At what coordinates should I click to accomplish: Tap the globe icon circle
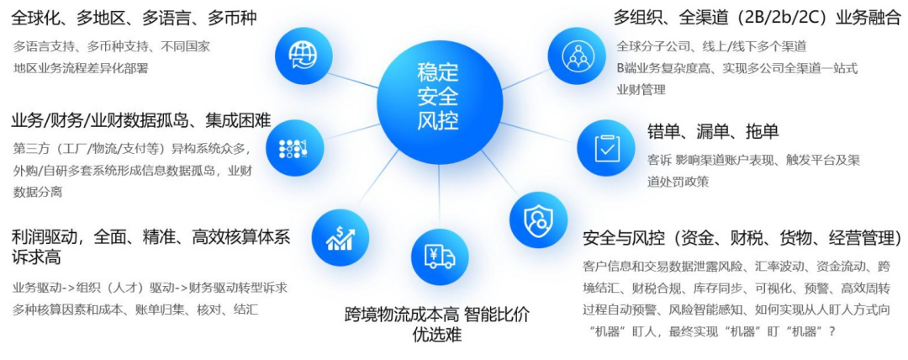pyautogui.click(x=302, y=56)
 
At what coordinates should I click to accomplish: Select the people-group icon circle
pyautogui.click(x=578, y=56)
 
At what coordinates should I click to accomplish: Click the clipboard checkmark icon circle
pyautogui.click(x=605, y=147)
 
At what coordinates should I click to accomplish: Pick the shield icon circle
pyautogui.click(x=538, y=220)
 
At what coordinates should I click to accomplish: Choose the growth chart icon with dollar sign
pyautogui.click(x=340, y=236)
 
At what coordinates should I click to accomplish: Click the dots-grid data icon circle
pyautogui.click(x=293, y=148)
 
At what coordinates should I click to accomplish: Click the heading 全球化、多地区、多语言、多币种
pyautogui.click(x=134, y=18)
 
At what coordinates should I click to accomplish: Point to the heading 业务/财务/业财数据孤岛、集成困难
pyautogui.click(x=141, y=120)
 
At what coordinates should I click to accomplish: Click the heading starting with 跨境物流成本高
pyautogui.click(x=437, y=315)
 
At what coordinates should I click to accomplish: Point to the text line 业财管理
pyautogui.click(x=641, y=89)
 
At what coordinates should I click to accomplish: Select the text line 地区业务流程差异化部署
pyautogui.click(x=81, y=67)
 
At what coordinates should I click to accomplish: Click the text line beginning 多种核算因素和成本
pyautogui.click(x=135, y=309)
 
